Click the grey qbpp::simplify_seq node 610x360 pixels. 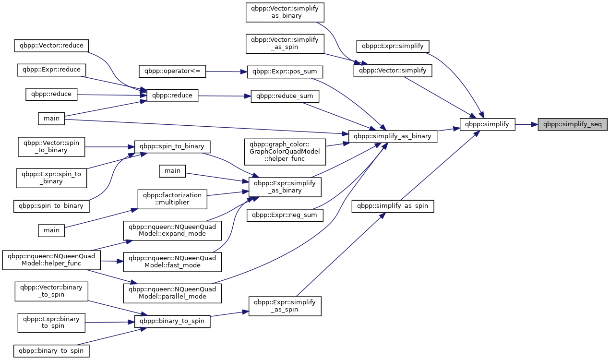click(x=573, y=124)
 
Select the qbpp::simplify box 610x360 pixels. click(x=487, y=124)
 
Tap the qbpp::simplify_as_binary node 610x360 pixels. click(x=393, y=136)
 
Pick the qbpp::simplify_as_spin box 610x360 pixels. click(x=393, y=206)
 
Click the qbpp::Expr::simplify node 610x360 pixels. click(x=393, y=46)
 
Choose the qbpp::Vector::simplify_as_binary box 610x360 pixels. click(x=285, y=12)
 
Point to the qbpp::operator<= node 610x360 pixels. click(x=172, y=72)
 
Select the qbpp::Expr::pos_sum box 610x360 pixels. click(x=285, y=72)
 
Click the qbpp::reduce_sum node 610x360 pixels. click(x=285, y=96)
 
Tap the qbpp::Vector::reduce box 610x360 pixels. click(x=51, y=46)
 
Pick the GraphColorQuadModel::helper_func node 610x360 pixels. click(x=285, y=152)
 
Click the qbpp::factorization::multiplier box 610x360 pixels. click(x=172, y=199)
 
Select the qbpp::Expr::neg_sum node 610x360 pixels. click(x=285, y=215)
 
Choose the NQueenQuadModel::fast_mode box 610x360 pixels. click(x=172, y=262)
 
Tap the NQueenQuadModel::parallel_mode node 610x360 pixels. click(x=172, y=293)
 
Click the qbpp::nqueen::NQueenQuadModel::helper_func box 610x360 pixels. click(x=51, y=260)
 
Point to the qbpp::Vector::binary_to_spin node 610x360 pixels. click(x=51, y=291)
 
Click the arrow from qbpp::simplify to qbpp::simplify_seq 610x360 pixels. click(x=526, y=124)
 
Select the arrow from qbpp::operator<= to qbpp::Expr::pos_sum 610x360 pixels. click(x=227, y=72)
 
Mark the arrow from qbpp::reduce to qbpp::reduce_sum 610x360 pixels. click(x=225, y=96)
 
